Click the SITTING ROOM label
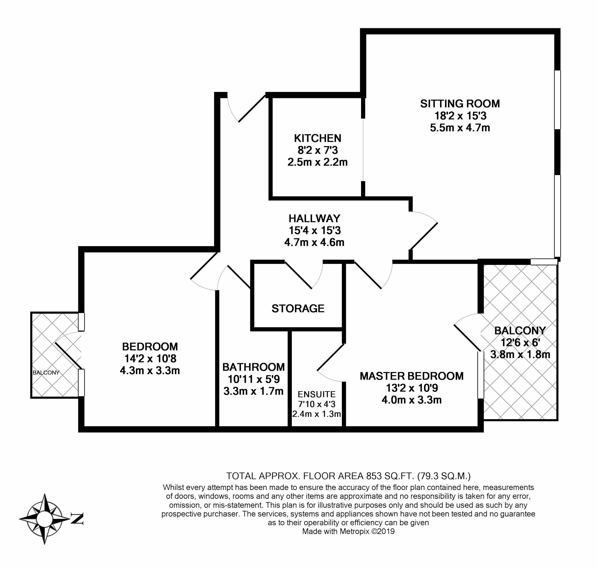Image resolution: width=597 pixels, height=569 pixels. [460, 104]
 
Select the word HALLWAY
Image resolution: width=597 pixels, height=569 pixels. [314, 218]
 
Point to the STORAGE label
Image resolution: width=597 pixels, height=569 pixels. [298, 308]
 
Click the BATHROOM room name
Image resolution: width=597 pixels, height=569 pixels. [254, 367]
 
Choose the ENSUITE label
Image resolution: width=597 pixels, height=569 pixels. [316, 394]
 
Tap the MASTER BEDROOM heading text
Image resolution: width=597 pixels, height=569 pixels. [411, 376]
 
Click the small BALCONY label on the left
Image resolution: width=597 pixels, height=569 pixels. [46, 373]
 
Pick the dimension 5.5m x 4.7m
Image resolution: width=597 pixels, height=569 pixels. [460, 128]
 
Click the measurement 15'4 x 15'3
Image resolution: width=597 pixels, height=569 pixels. [314, 231]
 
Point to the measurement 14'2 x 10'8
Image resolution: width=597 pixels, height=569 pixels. [150, 358]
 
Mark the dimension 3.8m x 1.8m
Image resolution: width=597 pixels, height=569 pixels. [520, 354]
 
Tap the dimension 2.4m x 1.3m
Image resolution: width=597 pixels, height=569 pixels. [316, 414]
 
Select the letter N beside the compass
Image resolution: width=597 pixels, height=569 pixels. [77, 519]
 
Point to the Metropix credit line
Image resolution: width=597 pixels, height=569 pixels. [348, 531]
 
